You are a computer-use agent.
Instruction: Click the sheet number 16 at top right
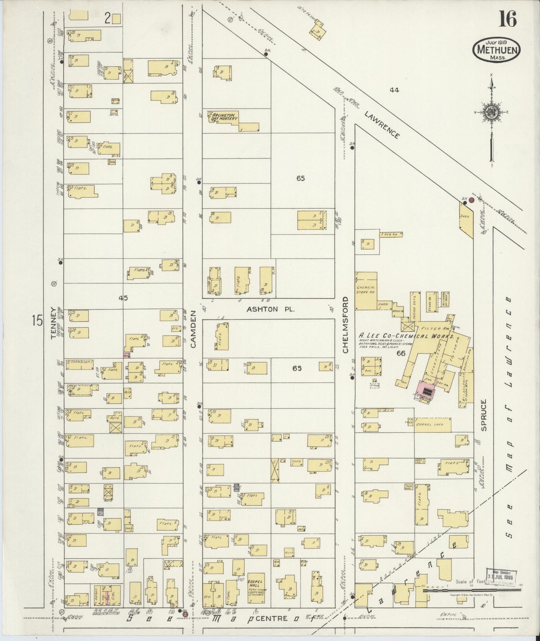click(507, 19)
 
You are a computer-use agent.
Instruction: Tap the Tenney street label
click(53, 323)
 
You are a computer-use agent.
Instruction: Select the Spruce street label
click(484, 415)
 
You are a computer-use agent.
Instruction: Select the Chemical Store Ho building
click(366, 291)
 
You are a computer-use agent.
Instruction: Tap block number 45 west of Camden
click(123, 298)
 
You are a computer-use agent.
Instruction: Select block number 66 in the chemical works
click(401, 353)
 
